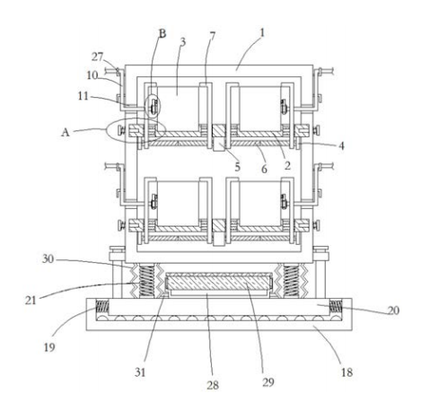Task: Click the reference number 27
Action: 97,57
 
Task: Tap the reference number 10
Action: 92,75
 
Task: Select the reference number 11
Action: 83,96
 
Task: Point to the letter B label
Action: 162,33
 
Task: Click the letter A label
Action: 66,132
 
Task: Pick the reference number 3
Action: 183,42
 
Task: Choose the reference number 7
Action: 213,36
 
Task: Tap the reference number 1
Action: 262,33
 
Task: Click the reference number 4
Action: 341,146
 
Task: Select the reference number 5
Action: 238,167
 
